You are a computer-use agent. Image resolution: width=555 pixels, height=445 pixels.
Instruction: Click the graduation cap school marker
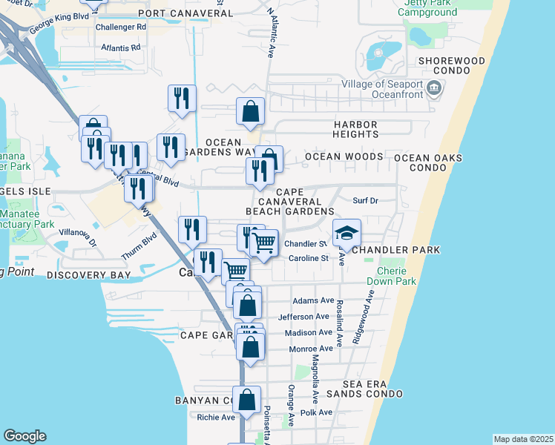pos(347,234)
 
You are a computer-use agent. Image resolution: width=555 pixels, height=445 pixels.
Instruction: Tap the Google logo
pos(24,436)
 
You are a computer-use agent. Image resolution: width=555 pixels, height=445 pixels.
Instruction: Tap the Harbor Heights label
pos(356,129)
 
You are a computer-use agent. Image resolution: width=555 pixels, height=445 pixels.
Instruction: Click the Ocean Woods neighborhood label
pos(344,156)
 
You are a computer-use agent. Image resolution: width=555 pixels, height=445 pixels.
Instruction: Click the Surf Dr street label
pos(365,200)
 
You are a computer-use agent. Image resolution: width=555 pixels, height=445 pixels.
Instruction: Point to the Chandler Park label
pos(396,250)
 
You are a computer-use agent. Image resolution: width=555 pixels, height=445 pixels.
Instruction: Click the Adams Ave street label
pos(313,300)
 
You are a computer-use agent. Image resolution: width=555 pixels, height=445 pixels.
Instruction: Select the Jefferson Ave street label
pos(303,317)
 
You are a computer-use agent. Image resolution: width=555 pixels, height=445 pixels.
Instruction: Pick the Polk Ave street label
pos(316,412)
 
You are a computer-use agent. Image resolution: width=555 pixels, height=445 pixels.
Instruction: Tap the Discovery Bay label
pos(88,275)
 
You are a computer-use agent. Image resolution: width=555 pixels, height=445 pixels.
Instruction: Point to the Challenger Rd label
pos(120,27)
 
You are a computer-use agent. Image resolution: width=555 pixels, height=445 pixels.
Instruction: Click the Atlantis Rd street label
pos(121,47)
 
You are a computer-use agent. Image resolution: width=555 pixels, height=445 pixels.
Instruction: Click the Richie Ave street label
pos(216,417)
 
